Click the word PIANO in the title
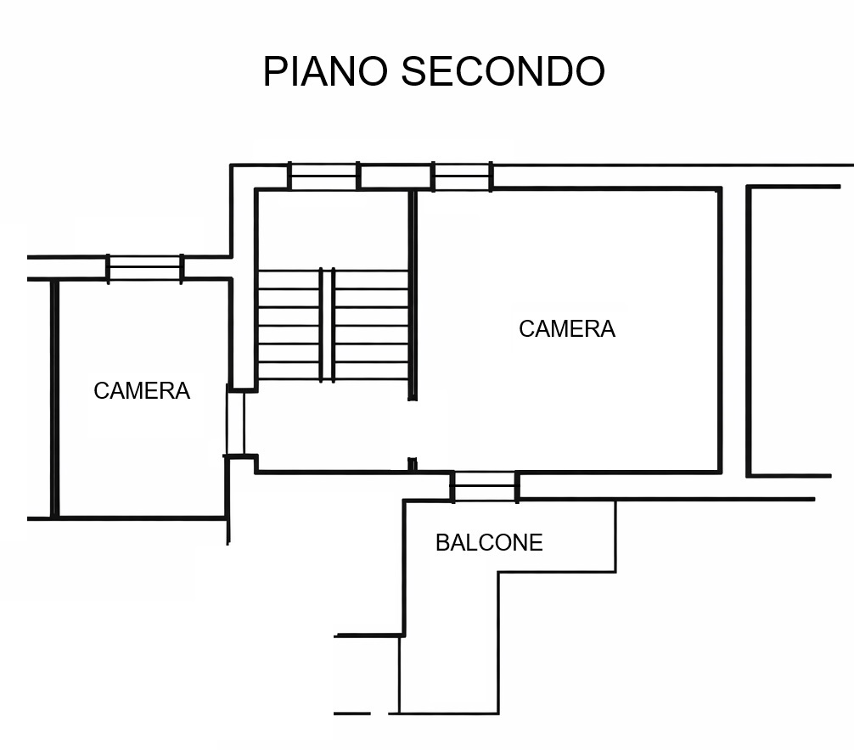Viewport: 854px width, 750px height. (326, 71)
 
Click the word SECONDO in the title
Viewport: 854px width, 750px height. (503, 71)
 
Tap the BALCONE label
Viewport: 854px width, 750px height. (489, 543)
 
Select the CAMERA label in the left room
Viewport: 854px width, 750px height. (142, 391)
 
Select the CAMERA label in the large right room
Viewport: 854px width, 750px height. (567, 328)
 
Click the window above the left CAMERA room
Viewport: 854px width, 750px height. (145, 268)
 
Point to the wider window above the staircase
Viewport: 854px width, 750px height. (323, 176)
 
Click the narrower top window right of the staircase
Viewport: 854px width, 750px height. (463, 176)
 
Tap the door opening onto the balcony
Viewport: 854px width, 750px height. (484, 486)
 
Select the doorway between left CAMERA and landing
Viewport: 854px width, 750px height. (235, 423)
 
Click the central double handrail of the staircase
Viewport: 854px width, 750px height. (327, 325)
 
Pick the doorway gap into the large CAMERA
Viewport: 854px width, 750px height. (413, 429)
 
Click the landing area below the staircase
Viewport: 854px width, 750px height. (332, 426)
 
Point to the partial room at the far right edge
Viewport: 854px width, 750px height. (794, 331)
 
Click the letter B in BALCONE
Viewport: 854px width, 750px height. (442, 543)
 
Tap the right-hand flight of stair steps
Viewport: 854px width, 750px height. (372, 325)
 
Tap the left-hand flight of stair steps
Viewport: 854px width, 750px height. (289, 325)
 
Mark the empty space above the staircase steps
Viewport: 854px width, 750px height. (332, 230)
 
